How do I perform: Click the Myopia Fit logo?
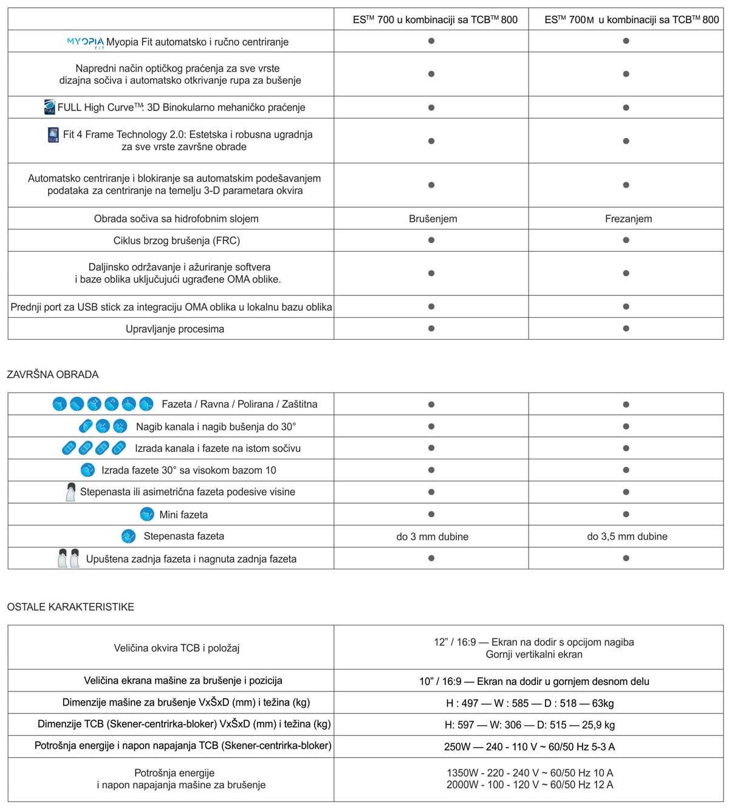(x=85, y=43)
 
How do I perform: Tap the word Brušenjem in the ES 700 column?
(x=433, y=219)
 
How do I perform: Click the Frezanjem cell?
(x=628, y=219)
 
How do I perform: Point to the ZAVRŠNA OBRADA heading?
(x=53, y=374)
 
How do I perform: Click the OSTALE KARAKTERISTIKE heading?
(x=70, y=606)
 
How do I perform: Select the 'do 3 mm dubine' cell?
(x=432, y=537)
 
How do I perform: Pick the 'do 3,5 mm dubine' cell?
(x=627, y=537)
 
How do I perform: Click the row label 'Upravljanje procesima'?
(x=175, y=329)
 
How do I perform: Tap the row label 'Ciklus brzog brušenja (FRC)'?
(x=176, y=241)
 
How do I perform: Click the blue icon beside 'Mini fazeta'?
(x=146, y=515)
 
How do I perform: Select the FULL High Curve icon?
(x=50, y=107)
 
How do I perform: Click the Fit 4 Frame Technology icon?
(x=53, y=135)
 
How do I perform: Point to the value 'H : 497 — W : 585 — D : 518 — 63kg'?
(x=529, y=703)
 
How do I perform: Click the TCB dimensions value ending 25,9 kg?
(x=529, y=725)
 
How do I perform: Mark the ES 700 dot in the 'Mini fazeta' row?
(x=431, y=514)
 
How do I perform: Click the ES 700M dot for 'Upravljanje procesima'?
(x=626, y=328)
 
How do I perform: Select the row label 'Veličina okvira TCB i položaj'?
(x=176, y=648)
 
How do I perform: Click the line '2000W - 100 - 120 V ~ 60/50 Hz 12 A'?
(x=529, y=785)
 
